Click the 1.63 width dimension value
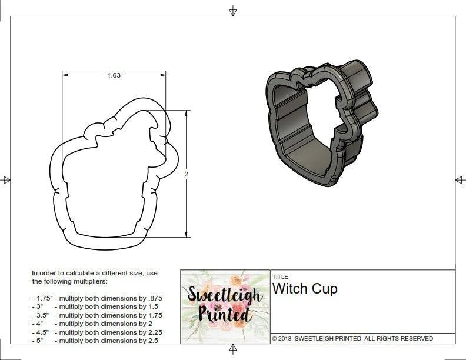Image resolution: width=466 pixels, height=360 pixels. pyautogui.click(x=114, y=75)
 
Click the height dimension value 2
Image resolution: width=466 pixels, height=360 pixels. pyautogui.click(x=187, y=175)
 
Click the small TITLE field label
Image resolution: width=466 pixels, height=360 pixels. pyautogui.click(x=279, y=276)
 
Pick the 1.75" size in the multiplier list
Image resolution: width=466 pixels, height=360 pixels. pyautogui.click(x=42, y=298)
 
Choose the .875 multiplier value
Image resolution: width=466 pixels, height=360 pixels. pyautogui.click(x=154, y=298)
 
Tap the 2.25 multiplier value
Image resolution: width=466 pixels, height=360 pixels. pyautogui.click(x=152, y=332)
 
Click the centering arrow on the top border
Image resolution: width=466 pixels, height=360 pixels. pyautogui.click(x=233, y=11)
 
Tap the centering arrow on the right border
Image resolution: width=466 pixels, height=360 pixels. pyautogui.click(x=460, y=179)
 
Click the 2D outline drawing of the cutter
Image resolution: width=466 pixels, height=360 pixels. pyautogui.click(x=112, y=176)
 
